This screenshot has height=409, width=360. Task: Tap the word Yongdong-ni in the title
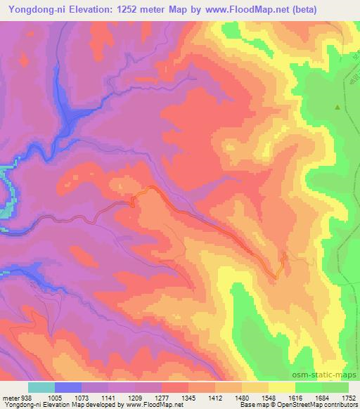click(33, 10)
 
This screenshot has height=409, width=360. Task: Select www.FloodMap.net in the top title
click(240, 10)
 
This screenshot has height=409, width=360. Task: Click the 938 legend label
click(27, 397)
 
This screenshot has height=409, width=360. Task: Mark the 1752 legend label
click(347, 397)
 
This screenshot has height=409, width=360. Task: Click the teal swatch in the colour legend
click(41, 387)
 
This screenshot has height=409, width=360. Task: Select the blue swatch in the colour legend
click(68, 387)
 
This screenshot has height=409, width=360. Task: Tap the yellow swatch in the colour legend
click(282, 387)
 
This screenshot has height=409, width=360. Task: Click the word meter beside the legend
click(11, 397)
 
